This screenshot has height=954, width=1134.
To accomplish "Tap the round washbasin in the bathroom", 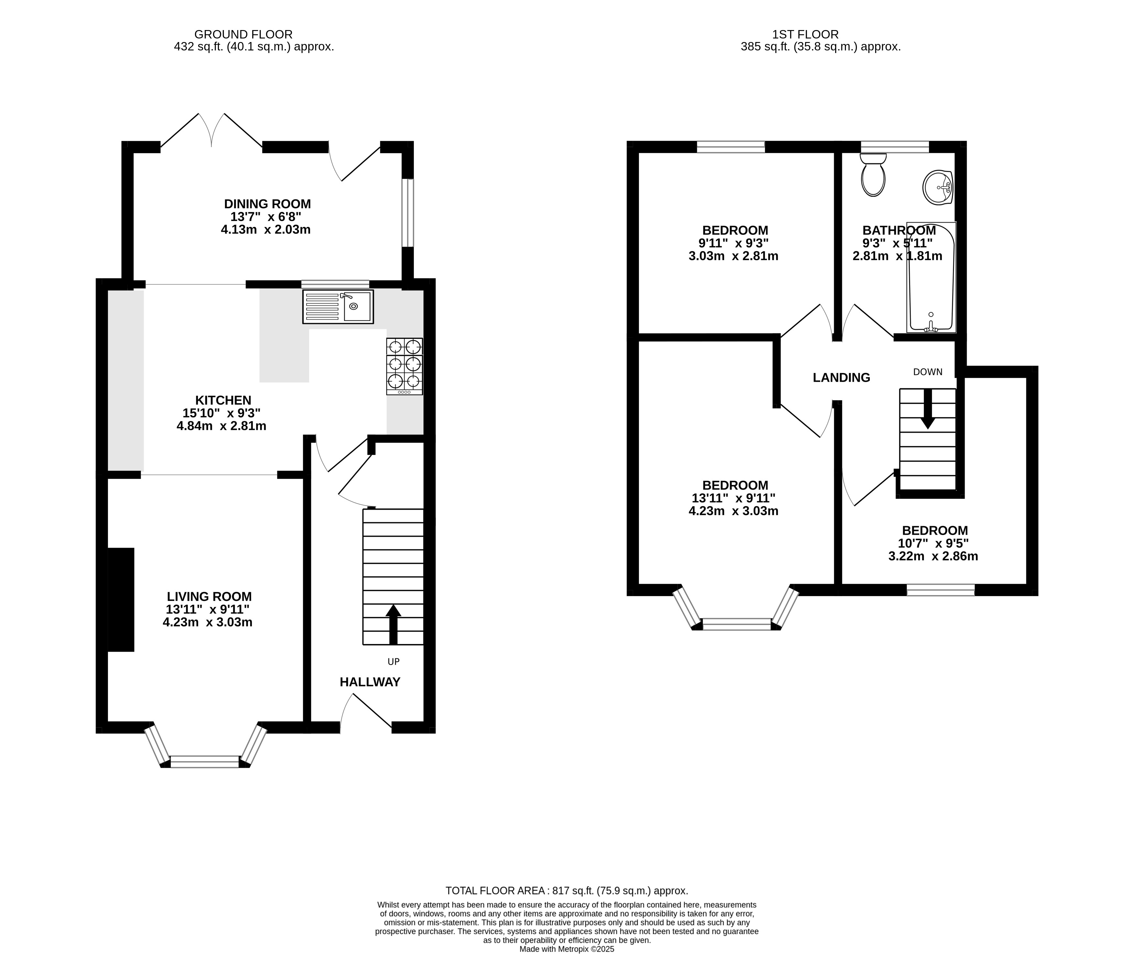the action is click(x=938, y=188).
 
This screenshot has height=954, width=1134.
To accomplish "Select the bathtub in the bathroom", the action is click(x=931, y=277).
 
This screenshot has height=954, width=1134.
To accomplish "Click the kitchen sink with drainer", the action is click(x=338, y=307).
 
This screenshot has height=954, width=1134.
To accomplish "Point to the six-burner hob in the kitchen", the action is click(x=404, y=366).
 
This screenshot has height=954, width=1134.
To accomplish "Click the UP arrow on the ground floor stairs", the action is click(x=393, y=624).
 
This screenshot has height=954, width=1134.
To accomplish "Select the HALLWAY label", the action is click(x=370, y=682).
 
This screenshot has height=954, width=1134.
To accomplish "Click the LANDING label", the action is click(x=841, y=378).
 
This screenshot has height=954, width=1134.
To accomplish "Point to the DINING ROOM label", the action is click(x=267, y=204).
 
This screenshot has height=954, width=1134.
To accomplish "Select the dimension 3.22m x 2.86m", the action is click(x=933, y=556).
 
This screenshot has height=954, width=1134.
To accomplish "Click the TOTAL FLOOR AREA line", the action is click(x=567, y=891).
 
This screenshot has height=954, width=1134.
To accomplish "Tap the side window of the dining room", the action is click(x=408, y=213).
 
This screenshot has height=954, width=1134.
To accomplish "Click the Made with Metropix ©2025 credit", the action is click(x=567, y=949).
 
